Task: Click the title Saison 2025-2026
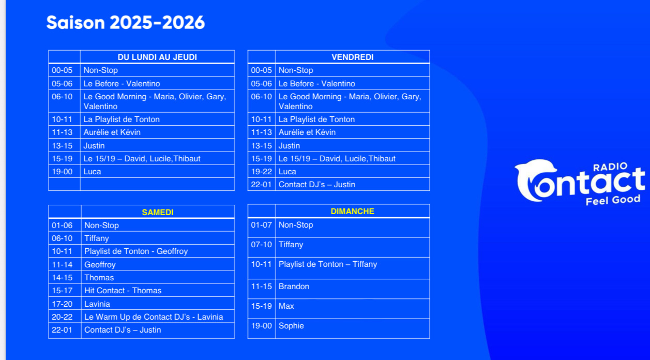(x=125, y=23)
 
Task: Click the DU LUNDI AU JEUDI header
(x=157, y=57)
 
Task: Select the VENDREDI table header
(x=353, y=57)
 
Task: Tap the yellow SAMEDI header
(x=158, y=212)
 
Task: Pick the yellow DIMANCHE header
(x=353, y=211)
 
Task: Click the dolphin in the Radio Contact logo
(x=534, y=180)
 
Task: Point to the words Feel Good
(x=613, y=200)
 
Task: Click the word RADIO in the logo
(x=606, y=167)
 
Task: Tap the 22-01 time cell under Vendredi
(x=261, y=184)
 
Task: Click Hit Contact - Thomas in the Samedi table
(x=123, y=291)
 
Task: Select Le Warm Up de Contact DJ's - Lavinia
(x=154, y=317)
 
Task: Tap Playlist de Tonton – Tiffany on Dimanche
(x=328, y=264)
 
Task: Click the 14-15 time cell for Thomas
(x=62, y=278)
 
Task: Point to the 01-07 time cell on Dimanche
(x=261, y=225)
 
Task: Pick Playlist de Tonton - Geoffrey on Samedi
(x=136, y=251)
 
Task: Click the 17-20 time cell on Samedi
(x=62, y=304)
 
